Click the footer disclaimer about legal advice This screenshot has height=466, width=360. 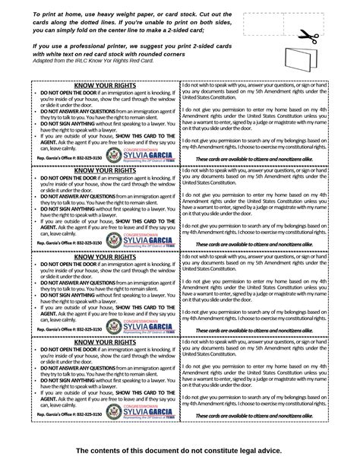point(180,452)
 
